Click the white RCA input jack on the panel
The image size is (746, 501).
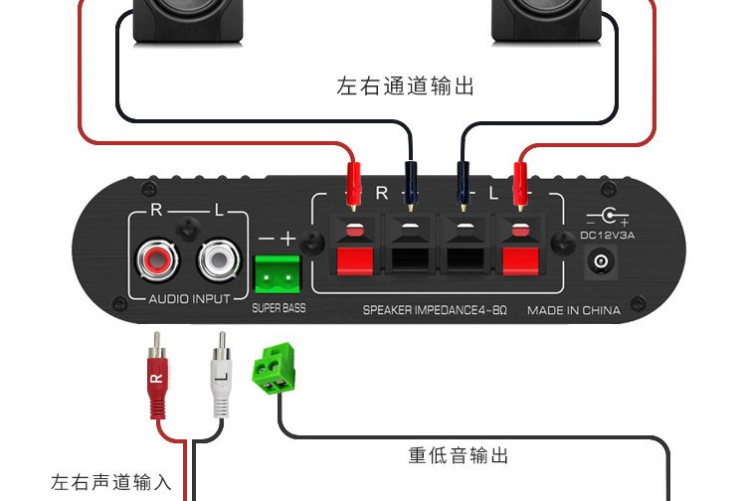point(218,260)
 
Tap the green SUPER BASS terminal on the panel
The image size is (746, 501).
point(277,270)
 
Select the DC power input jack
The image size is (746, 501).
point(601,261)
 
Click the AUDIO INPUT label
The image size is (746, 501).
point(189,298)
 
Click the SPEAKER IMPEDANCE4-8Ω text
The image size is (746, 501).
point(435,310)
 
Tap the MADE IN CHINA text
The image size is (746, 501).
point(574,310)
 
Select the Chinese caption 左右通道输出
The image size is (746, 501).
point(406,86)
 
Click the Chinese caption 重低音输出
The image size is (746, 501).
point(459,455)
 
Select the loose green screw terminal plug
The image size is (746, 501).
point(278,367)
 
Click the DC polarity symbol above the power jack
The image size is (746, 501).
point(608,216)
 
